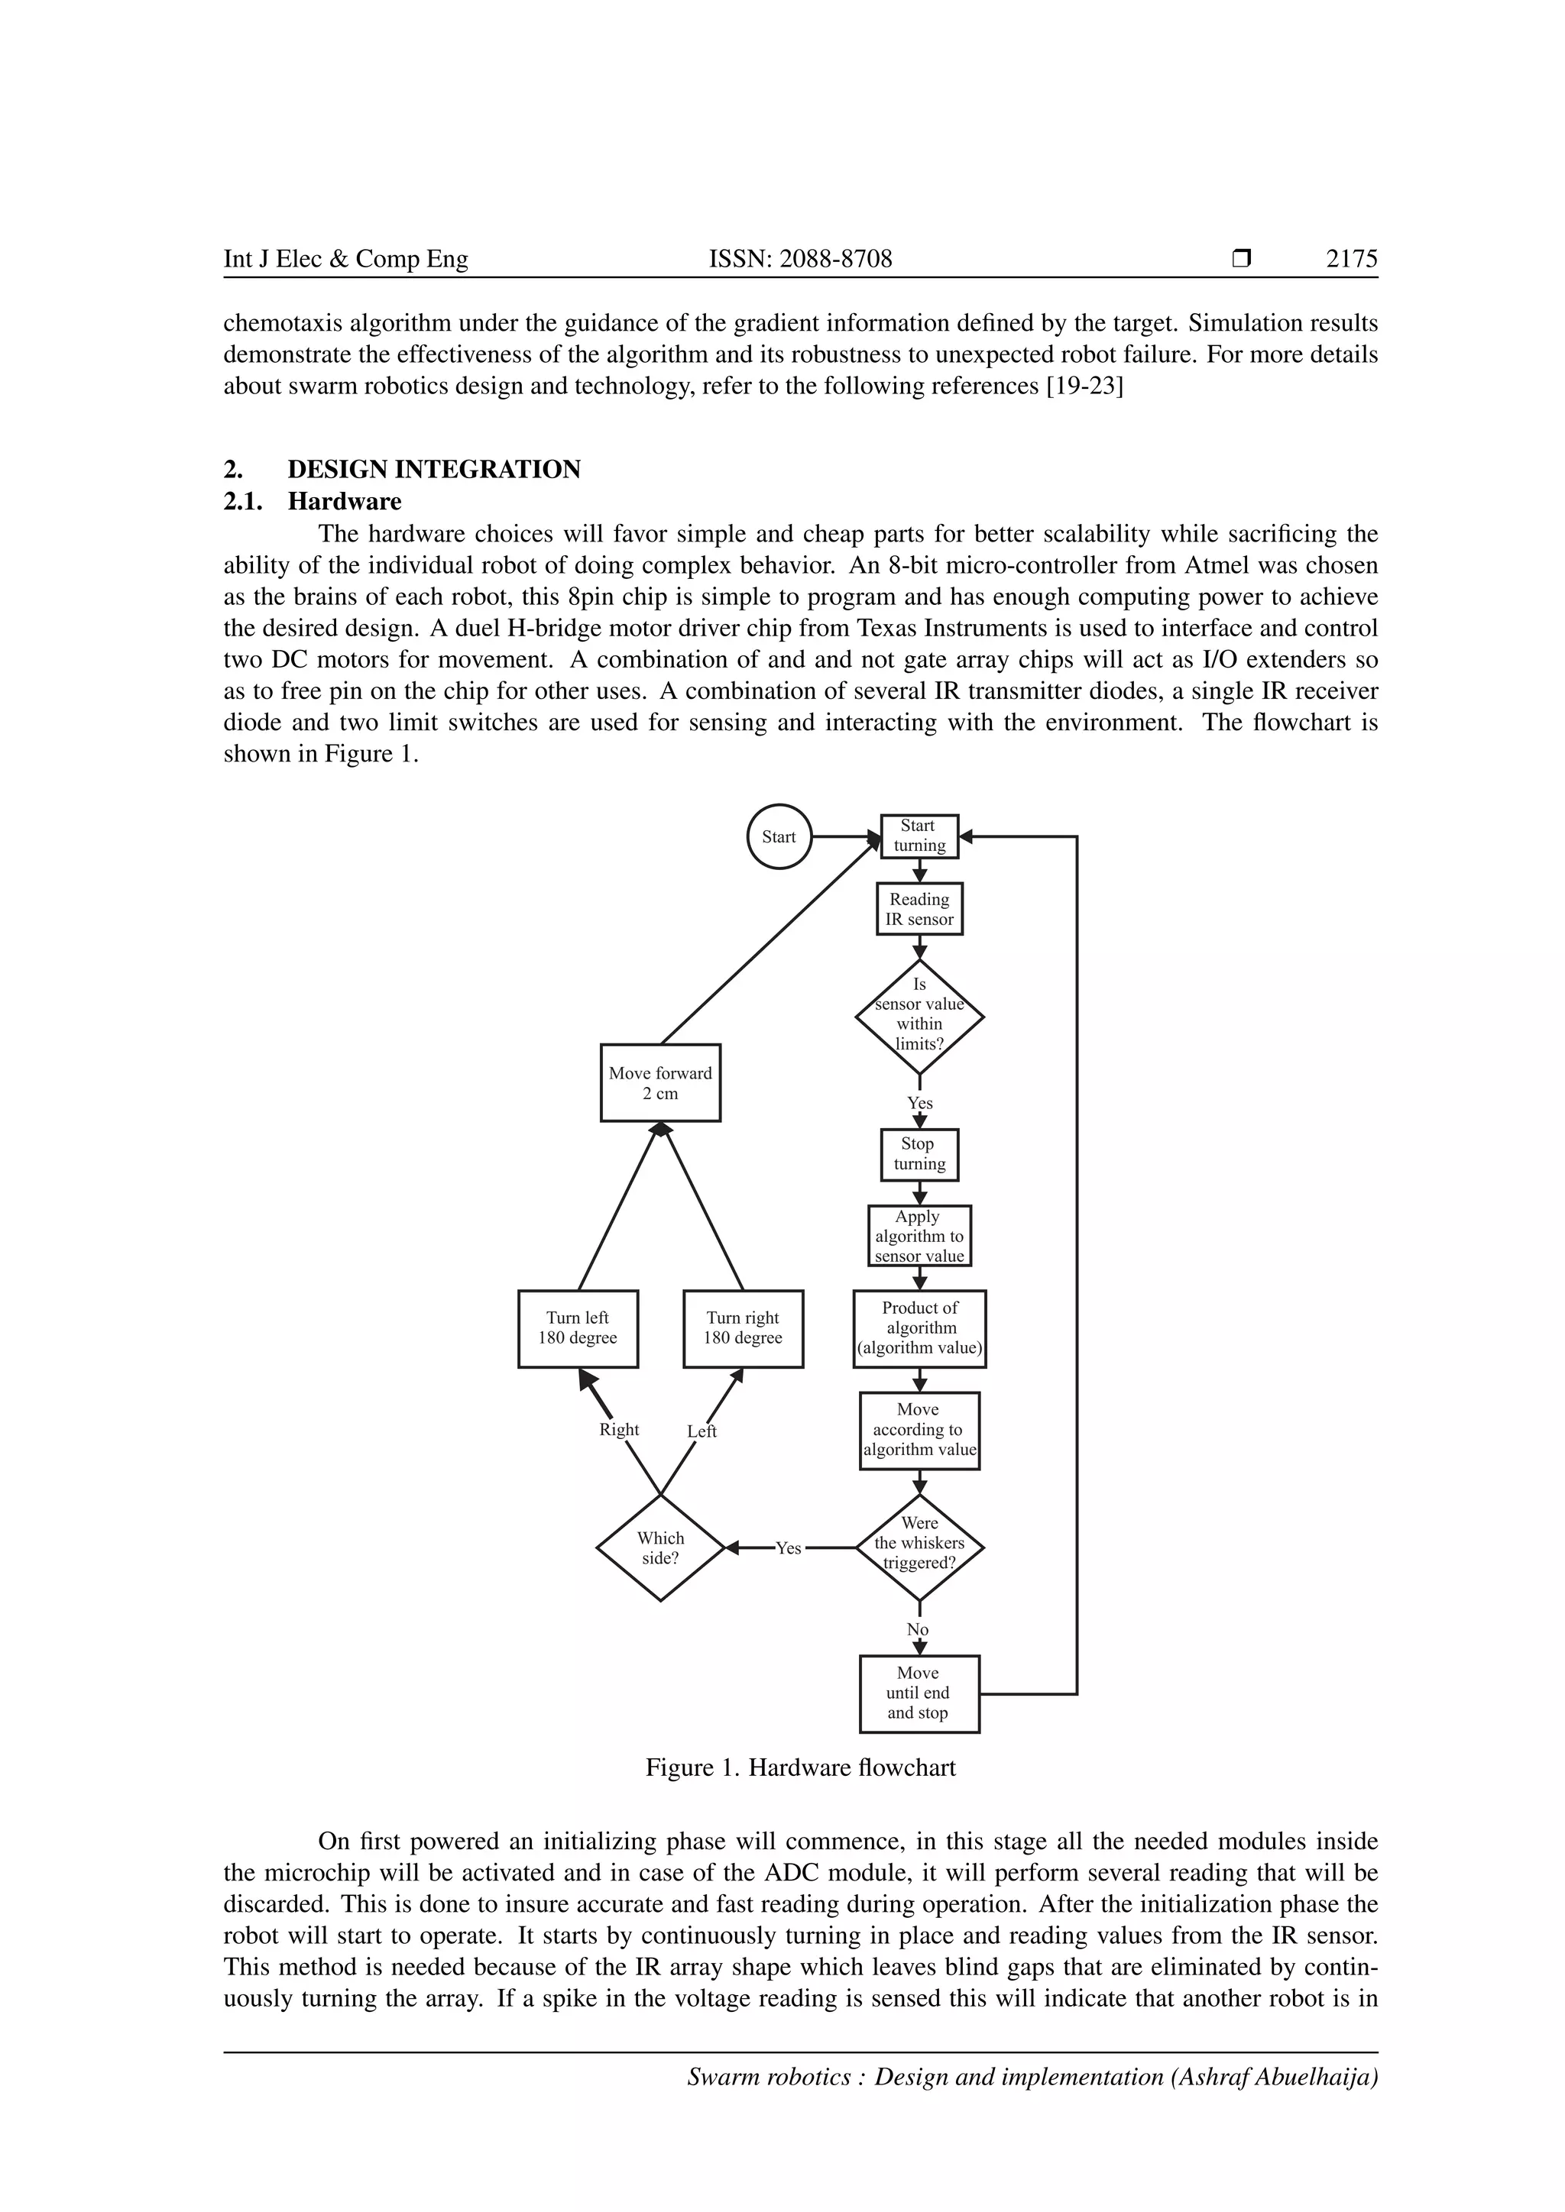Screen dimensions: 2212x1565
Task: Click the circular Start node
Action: (x=779, y=836)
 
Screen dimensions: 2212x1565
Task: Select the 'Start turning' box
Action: (x=919, y=836)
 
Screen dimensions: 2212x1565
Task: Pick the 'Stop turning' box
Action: (x=919, y=1154)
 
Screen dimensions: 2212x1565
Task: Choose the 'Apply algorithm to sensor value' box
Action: (x=919, y=1236)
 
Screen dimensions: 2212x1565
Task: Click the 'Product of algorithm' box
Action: (x=919, y=1328)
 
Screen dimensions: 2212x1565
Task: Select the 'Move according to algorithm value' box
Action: (x=919, y=1430)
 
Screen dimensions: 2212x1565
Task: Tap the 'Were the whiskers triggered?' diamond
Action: (x=919, y=1547)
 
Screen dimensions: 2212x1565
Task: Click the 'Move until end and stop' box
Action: (x=919, y=1693)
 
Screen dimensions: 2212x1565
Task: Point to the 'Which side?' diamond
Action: (x=660, y=1548)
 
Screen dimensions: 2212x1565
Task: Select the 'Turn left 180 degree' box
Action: (x=578, y=1328)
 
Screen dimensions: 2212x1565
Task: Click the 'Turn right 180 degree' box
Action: (x=743, y=1328)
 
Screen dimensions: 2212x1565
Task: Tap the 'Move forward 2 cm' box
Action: (x=660, y=1083)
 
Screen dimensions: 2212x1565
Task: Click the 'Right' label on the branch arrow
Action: (x=619, y=1430)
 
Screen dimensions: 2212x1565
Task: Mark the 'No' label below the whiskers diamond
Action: (x=918, y=1630)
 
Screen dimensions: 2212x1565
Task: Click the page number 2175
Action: (x=1351, y=259)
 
